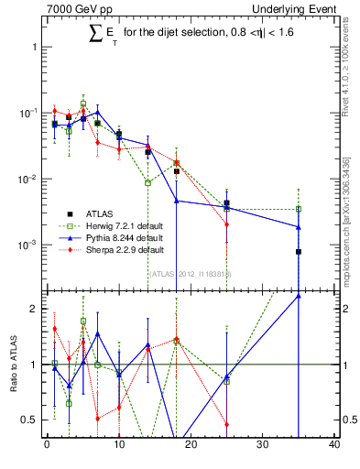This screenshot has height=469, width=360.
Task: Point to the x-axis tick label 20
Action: point(191,445)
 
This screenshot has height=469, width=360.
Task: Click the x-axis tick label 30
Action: point(263,445)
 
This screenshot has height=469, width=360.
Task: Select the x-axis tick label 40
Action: point(334,445)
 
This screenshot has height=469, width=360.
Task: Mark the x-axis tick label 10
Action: point(118,445)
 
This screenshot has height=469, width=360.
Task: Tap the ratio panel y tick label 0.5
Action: point(30,420)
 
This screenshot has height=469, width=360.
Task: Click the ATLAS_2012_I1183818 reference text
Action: point(190,273)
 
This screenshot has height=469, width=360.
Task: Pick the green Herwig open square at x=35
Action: point(299,209)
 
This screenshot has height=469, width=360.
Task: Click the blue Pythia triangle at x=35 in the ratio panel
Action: point(299,296)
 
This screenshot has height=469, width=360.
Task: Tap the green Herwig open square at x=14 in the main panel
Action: point(147,183)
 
